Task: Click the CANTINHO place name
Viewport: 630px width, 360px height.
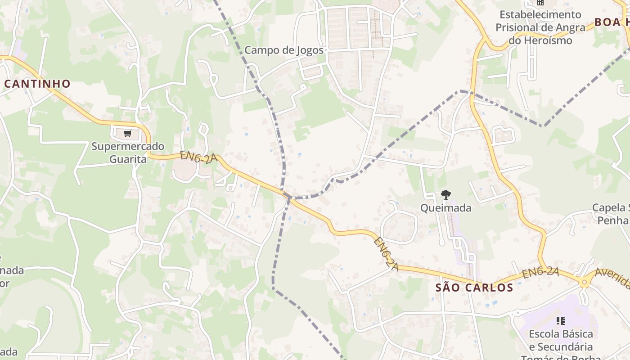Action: pyautogui.click(x=38, y=84)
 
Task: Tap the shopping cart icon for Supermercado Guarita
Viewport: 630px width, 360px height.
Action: pyautogui.click(x=127, y=134)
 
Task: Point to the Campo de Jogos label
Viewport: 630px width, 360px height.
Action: pyautogui.click(x=284, y=50)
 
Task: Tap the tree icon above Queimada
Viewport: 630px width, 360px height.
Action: pyautogui.click(x=445, y=195)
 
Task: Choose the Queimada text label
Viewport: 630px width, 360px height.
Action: pyautogui.click(x=445, y=208)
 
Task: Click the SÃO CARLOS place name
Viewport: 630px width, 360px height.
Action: pyautogui.click(x=474, y=288)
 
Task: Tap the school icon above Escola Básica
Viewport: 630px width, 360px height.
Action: pyautogui.click(x=560, y=321)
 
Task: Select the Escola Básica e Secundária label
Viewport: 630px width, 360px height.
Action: pyautogui.click(x=561, y=341)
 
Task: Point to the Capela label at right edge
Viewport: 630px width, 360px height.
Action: pyautogui.click(x=610, y=214)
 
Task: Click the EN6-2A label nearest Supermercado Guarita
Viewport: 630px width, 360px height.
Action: pyautogui.click(x=198, y=157)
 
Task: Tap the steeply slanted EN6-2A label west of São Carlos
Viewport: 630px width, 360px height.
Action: pyautogui.click(x=386, y=254)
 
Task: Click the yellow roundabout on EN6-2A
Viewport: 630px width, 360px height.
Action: pyautogui.click(x=584, y=282)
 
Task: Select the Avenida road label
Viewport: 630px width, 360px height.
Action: pyautogui.click(x=612, y=279)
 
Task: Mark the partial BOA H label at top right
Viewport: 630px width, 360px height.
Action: pyautogui.click(x=612, y=22)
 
